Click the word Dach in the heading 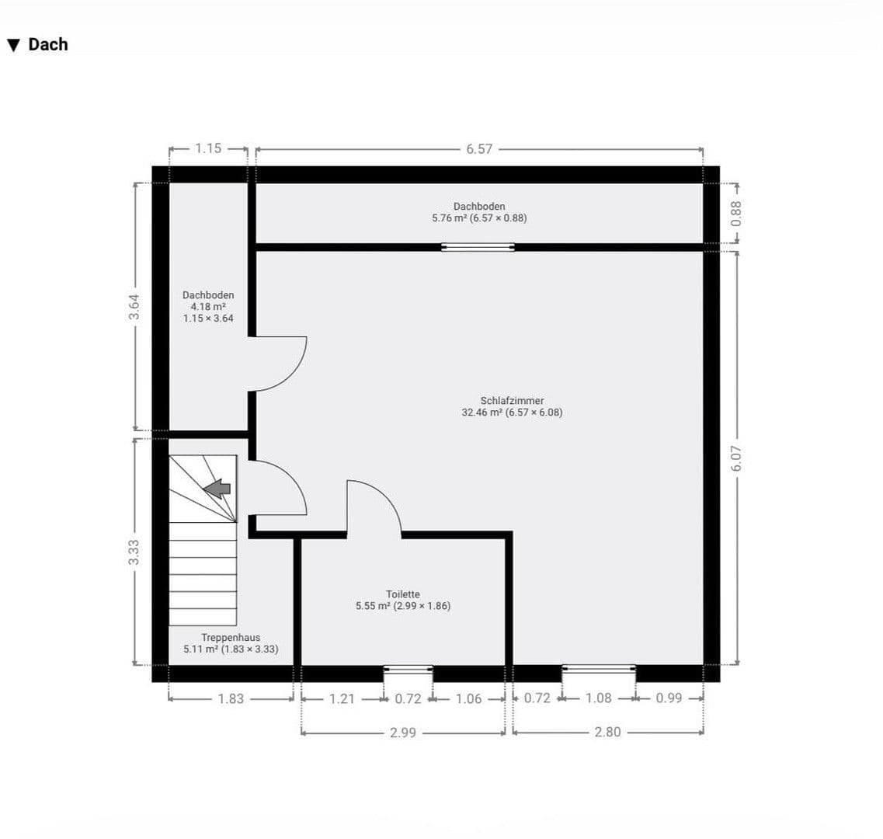tap(48, 44)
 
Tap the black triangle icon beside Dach tap(13, 45)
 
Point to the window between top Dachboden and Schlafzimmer tap(478, 247)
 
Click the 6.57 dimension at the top tap(479, 148)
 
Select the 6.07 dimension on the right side tap(736, 458)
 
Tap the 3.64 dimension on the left tap(135, 306)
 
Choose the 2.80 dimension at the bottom tap(607, 732)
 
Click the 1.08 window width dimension tap(598, 698)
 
